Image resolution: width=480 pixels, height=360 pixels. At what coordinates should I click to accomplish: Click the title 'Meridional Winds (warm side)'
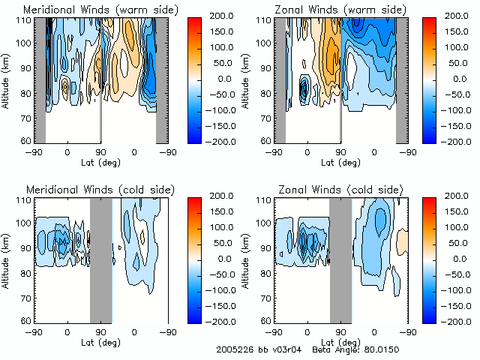point(91,9)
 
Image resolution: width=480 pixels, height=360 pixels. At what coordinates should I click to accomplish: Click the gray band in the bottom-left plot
point(100,259)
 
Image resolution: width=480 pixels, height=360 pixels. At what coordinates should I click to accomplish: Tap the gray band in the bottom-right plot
point(340,259)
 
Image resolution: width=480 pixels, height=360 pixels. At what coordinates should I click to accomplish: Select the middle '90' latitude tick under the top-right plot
point(340,151)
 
